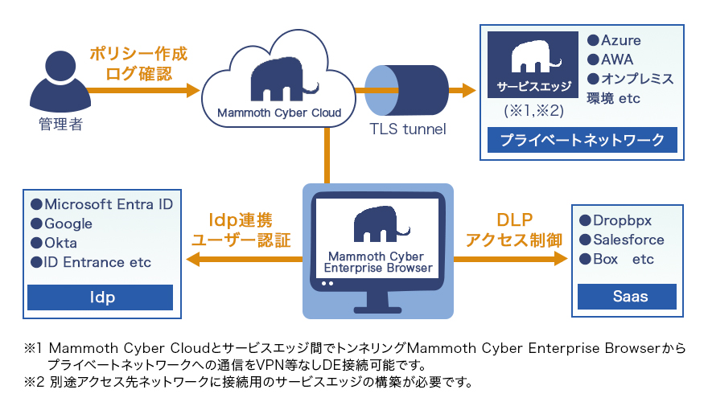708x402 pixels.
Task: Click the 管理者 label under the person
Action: point(60,125)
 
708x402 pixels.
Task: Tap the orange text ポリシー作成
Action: point(138,55)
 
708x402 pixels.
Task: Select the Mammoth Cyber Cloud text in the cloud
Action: point(279,113)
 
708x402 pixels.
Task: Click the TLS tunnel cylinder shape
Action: point(406,89)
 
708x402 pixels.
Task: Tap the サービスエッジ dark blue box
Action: point(533,64)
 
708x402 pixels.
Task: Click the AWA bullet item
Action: point(611,59)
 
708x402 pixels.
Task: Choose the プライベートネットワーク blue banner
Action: point(582,141)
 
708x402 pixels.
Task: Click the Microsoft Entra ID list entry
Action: point(101,204)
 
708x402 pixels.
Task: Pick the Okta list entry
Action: point(61,243)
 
